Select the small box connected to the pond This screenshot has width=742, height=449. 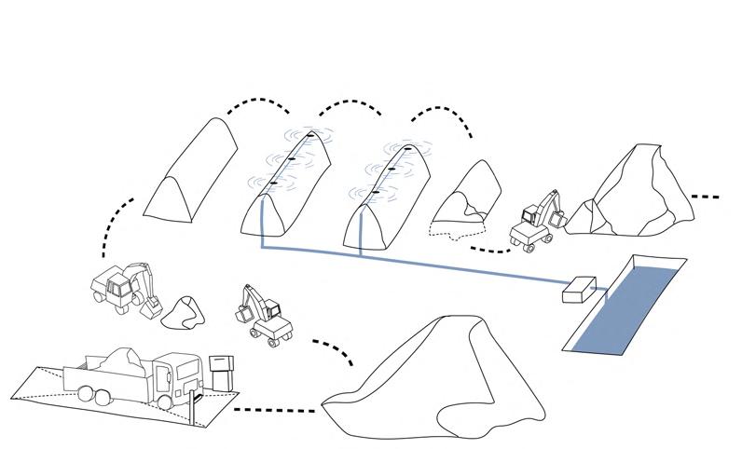579,290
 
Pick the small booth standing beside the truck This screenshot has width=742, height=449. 221,373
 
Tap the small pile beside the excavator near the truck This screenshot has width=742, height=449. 183,313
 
